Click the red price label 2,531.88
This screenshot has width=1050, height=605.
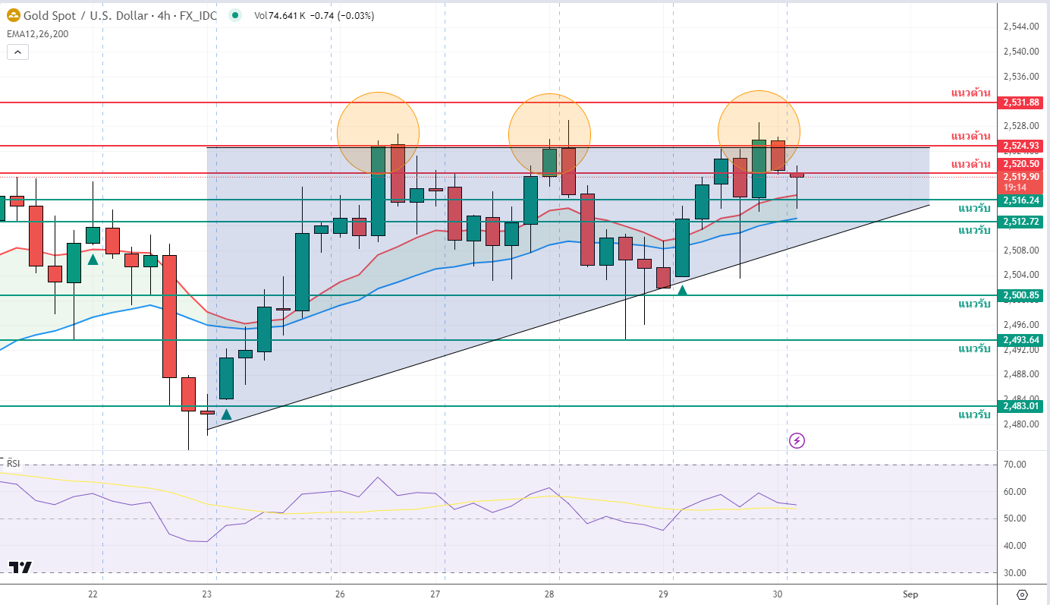point(1022,102)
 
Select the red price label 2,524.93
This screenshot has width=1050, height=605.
point(1022,146)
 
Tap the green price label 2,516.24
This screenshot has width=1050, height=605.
point(1022,200)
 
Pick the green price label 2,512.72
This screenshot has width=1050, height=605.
point(1022,222)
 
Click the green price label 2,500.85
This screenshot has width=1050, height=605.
point(1022,295)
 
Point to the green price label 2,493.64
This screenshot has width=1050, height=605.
point(1022,340)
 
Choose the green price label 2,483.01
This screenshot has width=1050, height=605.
point(1022,406)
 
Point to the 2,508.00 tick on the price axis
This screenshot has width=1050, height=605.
point(1020,250)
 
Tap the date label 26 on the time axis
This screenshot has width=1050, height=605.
point(340,594)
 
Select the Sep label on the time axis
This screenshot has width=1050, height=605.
point(910,594)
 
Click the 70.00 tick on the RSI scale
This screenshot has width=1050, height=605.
point(1014,465)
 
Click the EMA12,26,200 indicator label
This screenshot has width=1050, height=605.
point(37,33)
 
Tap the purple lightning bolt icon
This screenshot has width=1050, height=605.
point(797,440)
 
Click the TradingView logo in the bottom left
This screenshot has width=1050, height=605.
point(20,567)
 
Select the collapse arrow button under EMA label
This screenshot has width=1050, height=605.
point(18,52)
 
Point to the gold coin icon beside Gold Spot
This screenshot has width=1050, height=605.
point(13,15)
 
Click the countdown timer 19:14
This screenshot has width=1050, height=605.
point(1015,187)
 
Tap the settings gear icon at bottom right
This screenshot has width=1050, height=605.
point(1022,594)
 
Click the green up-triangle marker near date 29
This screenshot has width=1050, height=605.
point(683,289)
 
